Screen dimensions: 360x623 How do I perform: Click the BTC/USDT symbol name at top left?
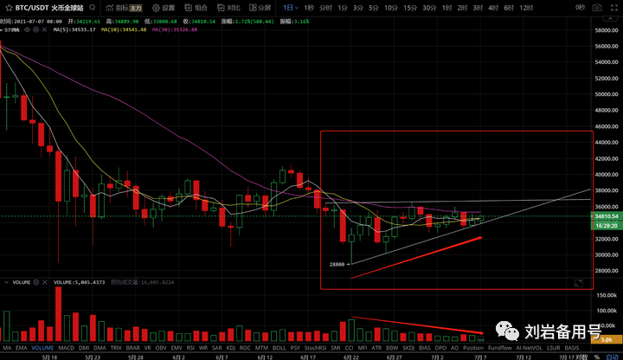click(x=25, y=8)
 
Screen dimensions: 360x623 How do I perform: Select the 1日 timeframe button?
click(x=288, y=8)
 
